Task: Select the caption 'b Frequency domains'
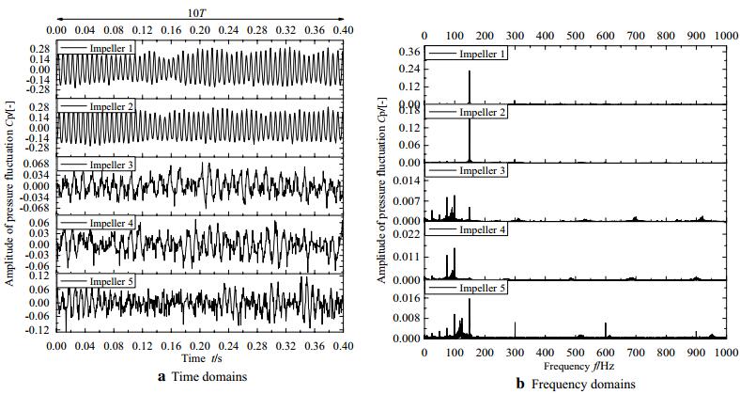[575, 384]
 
